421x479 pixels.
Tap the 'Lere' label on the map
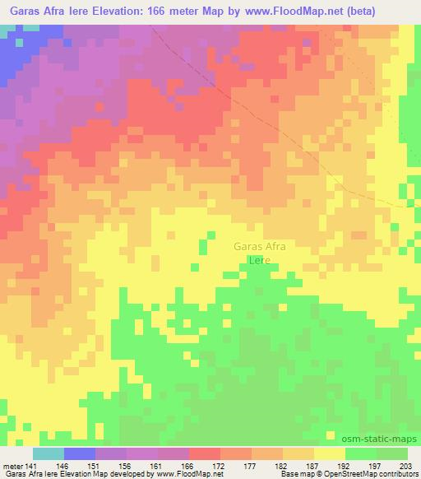[260, 260]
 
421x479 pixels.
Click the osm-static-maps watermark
[386, 438]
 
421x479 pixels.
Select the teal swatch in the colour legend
[49, 453]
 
